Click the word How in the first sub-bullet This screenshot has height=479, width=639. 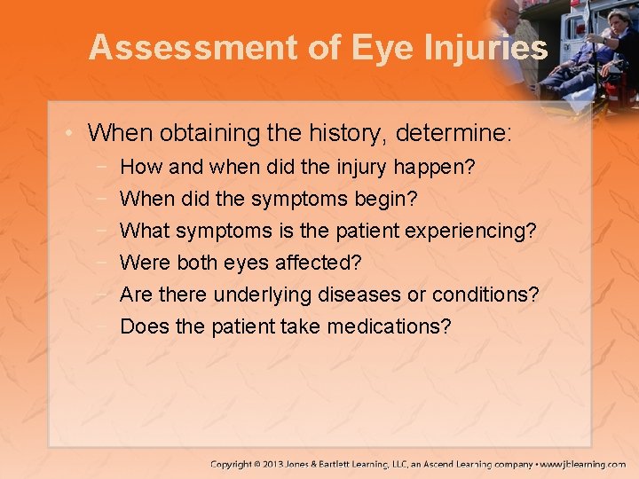(137, 167)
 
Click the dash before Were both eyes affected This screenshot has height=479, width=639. (105, 263)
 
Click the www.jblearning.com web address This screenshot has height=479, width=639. (583, 464)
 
